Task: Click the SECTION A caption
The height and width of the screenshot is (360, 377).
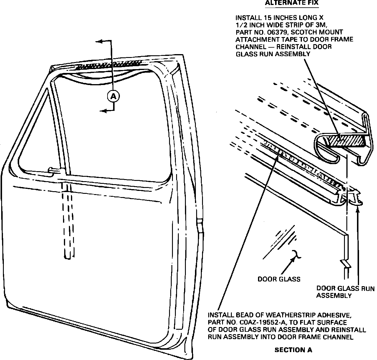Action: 293,350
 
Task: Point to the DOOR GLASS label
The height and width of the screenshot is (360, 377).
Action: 279,279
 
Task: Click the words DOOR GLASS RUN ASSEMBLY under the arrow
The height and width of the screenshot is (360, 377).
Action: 345,292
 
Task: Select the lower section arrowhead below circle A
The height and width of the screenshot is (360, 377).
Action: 102,111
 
